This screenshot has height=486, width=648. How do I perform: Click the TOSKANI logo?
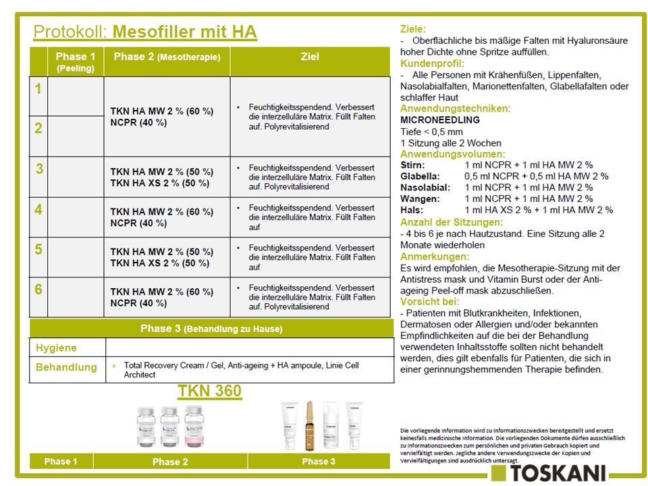pyautogui.click(x=549, y=472)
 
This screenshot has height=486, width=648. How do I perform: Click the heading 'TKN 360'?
pyautogui.click(x=210, y=391)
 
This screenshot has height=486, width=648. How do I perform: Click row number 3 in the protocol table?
pyautogui.click(x=39, y=169)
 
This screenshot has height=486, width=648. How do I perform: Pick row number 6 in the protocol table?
pyautogui.click(x=39, y=290)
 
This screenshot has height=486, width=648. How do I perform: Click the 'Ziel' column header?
pyautogui.click(x=310, y=57)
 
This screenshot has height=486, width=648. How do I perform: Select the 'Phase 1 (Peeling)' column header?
pyautogui.click(x=76, y=61)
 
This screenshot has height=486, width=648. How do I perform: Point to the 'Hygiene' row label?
pyautogui.click(x=57, y=348)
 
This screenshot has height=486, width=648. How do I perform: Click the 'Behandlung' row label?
pyautogui.click(x=66, y=368)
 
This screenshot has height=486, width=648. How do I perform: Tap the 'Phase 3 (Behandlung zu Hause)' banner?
pyautogui.click(x=211, y=329)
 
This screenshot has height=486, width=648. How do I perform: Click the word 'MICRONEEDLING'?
pyautogui.click(x=439, y=120)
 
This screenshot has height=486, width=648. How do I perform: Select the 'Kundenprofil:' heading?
pyautogui.click(x=433, y=63)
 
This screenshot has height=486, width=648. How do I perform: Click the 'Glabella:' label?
pyautogui.click(x=421, y=176)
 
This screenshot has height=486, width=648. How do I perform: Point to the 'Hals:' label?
pyautogui.click(x=412, y=210)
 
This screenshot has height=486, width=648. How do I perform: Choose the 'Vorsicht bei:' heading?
pyautogui.click(x=430, y=302)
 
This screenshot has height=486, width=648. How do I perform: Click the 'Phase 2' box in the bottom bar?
pyautogui.click(x=170, y=462)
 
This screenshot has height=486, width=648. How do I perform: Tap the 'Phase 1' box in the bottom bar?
pyautogui.click(x=61, y=462)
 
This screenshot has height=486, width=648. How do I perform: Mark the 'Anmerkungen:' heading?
pyautogui.click(x=433, y=257)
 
